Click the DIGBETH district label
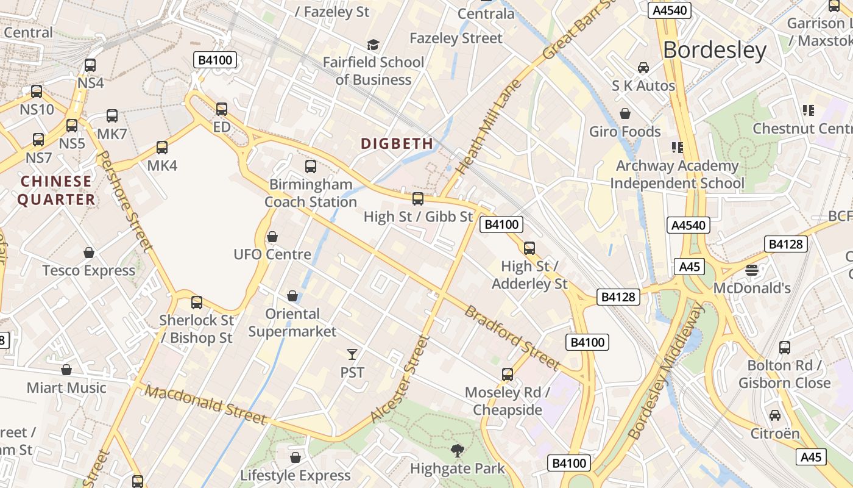pos(397,144)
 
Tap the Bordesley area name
pos(714,50)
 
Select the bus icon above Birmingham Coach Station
pos(311,166)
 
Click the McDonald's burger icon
pos(751,270)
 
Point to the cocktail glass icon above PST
pos(352,354)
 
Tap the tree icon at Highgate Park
pos(457,451)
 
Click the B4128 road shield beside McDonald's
pos(785,245)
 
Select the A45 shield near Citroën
pos(811,457)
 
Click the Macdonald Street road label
pos(207,405)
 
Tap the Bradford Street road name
pos(512,338)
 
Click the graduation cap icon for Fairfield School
pos(373,45)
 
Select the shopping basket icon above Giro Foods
pos(625,113)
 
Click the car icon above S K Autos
pos(643,67)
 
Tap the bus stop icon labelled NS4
pos(90,65)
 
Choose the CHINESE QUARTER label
pos(56,190)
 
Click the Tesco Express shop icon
pos(89,253)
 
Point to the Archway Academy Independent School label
pos(677,174)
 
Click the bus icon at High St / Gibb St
pos(418,198)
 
